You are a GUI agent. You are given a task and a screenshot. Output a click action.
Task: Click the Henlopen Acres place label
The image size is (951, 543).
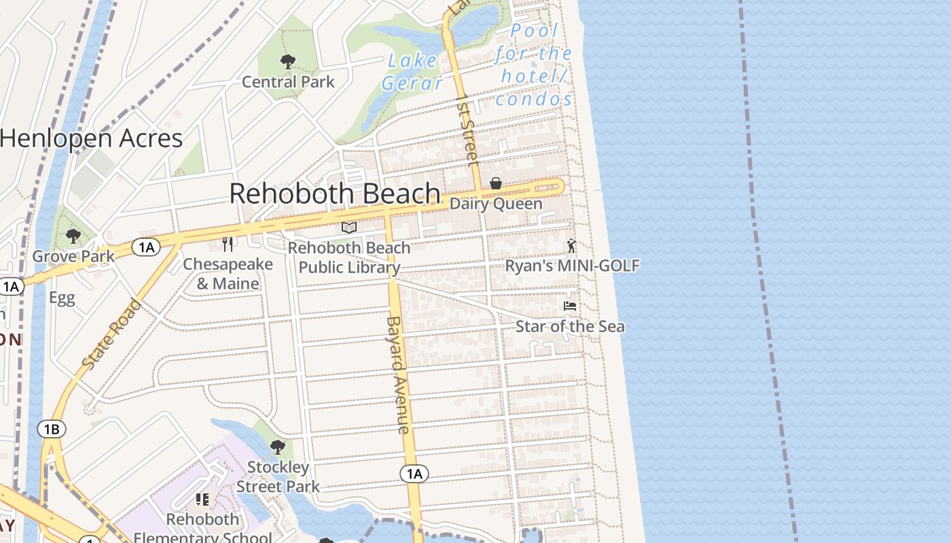pos(92,138)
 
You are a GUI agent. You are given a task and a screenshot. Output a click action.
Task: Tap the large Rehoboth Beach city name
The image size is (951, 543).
pos(335,193)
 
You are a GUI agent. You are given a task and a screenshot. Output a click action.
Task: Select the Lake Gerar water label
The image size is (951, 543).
pos(412,71)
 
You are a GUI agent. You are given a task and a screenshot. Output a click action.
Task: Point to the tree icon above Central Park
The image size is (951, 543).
pos(288,62)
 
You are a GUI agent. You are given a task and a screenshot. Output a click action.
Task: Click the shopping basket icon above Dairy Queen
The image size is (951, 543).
pos(496,183)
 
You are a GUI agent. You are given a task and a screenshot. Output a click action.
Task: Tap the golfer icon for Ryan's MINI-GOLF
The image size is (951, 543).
pos(571,246)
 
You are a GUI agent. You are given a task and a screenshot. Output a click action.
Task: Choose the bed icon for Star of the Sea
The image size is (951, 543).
pos(570,307)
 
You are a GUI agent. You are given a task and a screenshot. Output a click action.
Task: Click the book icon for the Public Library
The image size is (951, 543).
pos(349,227)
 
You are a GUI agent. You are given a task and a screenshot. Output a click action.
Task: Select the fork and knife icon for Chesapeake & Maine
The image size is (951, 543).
pos(228,244)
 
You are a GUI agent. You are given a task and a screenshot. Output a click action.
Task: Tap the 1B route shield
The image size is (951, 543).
pos(52,429)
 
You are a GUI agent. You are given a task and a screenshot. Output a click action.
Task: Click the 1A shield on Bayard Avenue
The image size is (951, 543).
pos(414,473)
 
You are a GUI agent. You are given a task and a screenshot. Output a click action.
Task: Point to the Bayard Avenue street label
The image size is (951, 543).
pos(398,375)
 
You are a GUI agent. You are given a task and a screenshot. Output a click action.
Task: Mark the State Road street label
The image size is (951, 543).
pos(112,334)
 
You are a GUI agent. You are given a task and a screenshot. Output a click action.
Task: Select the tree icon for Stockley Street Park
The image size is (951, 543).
pos(277,447)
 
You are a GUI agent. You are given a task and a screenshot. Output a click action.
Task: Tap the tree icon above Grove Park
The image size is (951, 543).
pos(73,236)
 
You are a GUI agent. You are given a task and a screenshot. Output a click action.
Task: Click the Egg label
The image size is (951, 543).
pos(62,298)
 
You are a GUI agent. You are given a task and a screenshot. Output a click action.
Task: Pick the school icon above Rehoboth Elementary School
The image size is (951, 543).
pos(202,500)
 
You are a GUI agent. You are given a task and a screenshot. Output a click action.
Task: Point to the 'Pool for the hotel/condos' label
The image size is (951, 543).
pos(534,65)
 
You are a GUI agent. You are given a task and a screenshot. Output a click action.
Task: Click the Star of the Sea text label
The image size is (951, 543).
pos(570,326)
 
